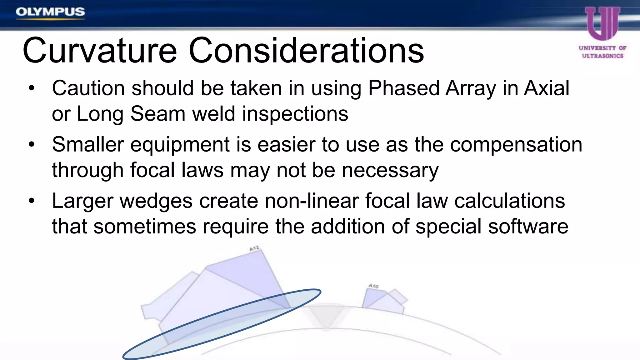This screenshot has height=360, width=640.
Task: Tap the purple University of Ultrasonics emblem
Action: (602, 23)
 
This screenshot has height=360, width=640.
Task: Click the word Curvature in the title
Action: (99, 51)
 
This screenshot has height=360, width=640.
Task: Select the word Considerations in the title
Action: (306, 51)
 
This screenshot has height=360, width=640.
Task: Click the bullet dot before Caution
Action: (31, 88)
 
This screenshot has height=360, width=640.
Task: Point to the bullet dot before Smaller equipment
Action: (31, 145)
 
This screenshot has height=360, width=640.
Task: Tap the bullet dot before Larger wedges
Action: (31, 201)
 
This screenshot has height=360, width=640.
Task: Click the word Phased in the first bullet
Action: (404, 88)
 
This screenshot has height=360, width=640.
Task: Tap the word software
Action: (528, 227)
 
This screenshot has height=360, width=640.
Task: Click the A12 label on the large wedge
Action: (254, 248)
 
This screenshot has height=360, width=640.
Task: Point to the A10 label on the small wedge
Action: (373, 286)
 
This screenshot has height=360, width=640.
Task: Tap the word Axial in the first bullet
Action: (547, 88)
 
